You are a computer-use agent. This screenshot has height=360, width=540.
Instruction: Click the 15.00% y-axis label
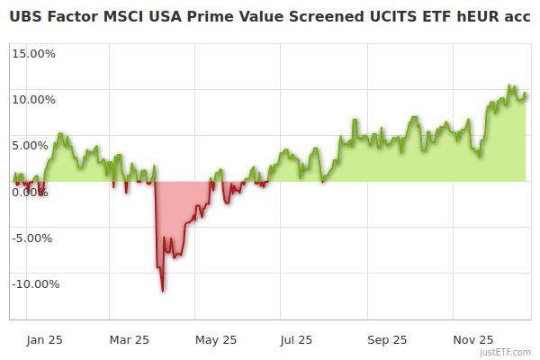(33, 53)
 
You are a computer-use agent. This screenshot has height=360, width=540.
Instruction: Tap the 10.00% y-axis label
(33, 99)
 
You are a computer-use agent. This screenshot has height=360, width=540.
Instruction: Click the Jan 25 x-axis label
(43, 339)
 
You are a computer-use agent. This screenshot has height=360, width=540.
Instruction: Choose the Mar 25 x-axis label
(129, 339)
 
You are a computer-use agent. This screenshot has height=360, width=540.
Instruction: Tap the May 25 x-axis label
(215, 339)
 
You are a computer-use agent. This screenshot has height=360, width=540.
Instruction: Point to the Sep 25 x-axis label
(387, 339)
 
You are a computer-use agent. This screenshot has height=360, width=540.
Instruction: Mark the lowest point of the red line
(163, 291)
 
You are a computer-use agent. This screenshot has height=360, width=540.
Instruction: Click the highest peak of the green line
(509, 86)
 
